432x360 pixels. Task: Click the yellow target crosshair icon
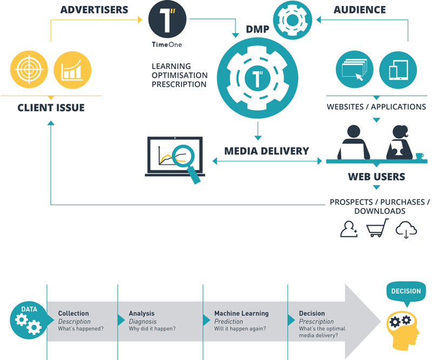coord(29,70)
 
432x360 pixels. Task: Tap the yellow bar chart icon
coord(72,70)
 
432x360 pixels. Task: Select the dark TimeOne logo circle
coord(167,19)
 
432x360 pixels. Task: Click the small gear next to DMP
coord(293,20)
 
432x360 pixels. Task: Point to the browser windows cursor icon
coord(355,70)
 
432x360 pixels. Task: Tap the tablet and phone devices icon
coord(398,70)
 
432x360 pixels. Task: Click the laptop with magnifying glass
coord(175,160)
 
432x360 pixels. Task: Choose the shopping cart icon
coord(377,228)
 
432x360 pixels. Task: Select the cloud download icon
coord(406,229)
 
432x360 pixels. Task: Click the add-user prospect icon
coord(349,229)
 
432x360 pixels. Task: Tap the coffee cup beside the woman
coord(420,156)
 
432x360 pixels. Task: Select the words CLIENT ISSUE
coord(51,108)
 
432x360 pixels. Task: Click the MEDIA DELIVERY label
coord(266,151)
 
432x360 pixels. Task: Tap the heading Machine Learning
coord(241,314)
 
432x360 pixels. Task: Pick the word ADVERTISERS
coord(94,10)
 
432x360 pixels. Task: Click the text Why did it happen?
coord(152,329)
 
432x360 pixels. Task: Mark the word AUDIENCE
coord(360,10)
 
